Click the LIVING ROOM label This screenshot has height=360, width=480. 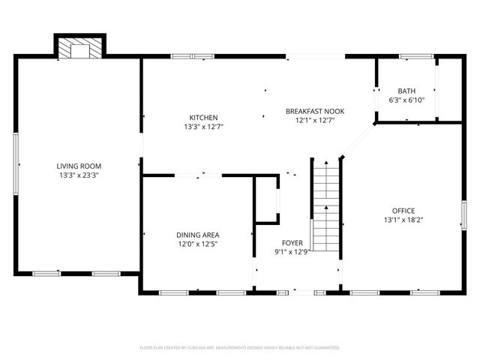tap(79, 166)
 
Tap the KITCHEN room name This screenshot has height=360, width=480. tap(203, 118)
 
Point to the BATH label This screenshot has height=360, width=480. tap(406, 91)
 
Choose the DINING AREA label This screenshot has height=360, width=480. tap(198, 235)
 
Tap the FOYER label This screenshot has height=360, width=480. tap(292, 243)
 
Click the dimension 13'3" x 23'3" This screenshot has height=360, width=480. tap(79, 175)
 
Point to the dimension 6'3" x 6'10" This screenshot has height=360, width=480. tap(406, 100)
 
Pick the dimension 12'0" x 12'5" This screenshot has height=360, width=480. tap(198, 244)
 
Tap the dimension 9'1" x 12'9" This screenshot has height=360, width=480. tap(292, 252)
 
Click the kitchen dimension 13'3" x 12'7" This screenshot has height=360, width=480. tap(203, 127)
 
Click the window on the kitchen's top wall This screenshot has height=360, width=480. tap(183, 55)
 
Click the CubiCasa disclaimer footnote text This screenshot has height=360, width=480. tap(240, 348)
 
